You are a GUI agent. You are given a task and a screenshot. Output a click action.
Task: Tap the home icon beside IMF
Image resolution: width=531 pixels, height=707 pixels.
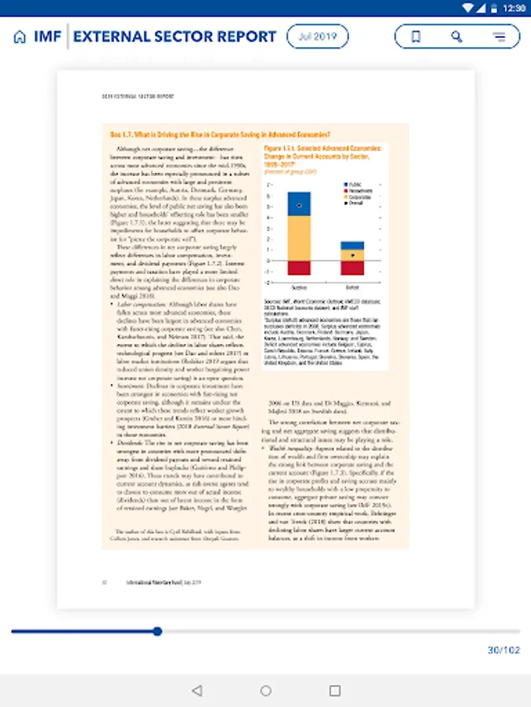point(20,37)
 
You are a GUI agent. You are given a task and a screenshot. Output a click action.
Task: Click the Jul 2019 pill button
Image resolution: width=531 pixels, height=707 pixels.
point(317,36)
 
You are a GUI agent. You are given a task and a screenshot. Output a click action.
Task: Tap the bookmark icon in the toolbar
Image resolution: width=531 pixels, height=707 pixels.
point(416,36)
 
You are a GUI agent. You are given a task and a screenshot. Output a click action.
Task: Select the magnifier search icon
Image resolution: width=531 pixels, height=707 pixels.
point(457,36)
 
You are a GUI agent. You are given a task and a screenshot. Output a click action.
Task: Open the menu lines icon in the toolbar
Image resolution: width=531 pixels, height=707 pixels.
point(499,36)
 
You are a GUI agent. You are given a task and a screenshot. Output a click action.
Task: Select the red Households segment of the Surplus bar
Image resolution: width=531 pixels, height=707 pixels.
point(299,268)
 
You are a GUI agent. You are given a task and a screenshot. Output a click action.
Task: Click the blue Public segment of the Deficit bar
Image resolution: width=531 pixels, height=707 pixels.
point(352,245)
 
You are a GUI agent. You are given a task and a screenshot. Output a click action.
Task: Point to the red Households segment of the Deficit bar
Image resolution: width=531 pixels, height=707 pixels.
point(352,268)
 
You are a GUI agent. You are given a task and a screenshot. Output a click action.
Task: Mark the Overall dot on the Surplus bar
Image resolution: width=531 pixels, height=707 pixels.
point(299,205)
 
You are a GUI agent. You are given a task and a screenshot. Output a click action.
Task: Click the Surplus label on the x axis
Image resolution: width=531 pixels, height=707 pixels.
point(299,288)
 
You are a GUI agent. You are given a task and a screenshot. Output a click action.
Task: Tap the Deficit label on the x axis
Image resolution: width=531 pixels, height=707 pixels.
point(352,288)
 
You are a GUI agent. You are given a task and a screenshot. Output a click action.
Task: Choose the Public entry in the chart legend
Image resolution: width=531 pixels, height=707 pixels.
point(355,184)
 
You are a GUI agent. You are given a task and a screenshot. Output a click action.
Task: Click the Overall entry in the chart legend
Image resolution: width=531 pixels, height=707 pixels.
point(355,202)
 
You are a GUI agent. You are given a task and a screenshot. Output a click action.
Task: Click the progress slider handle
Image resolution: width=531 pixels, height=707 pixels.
point(157,631)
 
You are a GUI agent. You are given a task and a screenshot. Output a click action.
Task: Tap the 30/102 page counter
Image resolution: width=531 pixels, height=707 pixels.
point(503,650)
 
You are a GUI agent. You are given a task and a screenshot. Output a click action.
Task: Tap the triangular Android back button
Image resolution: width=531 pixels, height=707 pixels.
point(197,691)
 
